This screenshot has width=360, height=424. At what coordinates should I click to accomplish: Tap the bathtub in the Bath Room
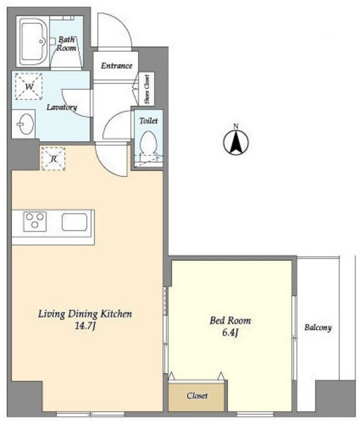pyautogui.click(x=32, y=41)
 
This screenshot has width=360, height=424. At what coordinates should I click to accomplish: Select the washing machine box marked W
pyautogui.click(x=29, y=86)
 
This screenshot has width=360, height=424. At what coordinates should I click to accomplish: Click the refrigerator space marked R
pyautogui.click(x=53, y=159)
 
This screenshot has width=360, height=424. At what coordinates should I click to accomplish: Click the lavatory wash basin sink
pyautogui.click(x=26, y=124)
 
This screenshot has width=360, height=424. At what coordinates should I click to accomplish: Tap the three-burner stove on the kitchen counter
pyautogui.click(x=35, y=222)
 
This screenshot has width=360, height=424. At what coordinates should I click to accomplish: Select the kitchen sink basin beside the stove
pyautogui.click(x=74, y=222)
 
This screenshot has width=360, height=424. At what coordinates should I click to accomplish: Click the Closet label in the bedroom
pyautogui.click(x=197, y=396)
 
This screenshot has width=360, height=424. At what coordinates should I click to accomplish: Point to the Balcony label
pyautogui.click(x=318, y=327)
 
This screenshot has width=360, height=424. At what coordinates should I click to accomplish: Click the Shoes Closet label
pyautogui.click(x=147, y=89)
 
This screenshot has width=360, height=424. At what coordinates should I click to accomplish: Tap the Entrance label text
pyautogui.click(x=117, y=66)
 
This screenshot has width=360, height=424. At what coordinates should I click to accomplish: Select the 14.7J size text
pyautogui.click(x=85, y=327)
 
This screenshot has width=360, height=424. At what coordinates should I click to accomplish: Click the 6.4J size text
pyautogui.click(x=230, y=333)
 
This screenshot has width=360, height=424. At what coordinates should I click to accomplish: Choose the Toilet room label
pyautogui.click(x=149, y=121)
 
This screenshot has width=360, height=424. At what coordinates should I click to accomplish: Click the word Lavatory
pyautogui.click(x=62, y=107)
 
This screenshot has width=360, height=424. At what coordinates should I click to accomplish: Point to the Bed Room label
pyautogui.click(x=230, y=321)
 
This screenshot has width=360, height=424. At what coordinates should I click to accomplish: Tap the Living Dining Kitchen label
pyautogui.click(x=85, y=314)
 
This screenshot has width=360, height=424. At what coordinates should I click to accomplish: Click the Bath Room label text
pyautogui.click(x=66, y=44)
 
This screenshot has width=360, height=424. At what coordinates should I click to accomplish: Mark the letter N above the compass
pyautogui.click(x=236, y=126)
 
